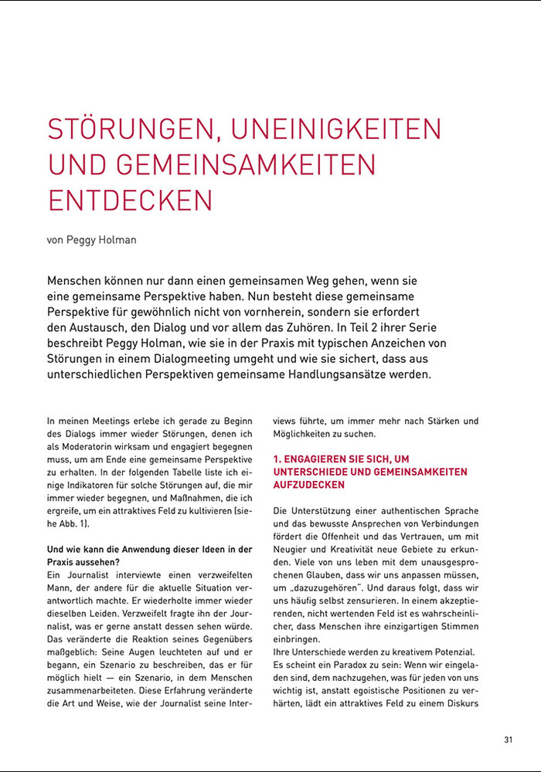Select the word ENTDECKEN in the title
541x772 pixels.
[130, 199]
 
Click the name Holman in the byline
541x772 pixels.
[116, 240]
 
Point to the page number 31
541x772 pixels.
[508, 740]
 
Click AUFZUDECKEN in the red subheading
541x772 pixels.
[309, 485]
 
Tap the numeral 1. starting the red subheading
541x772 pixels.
[278, 459]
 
